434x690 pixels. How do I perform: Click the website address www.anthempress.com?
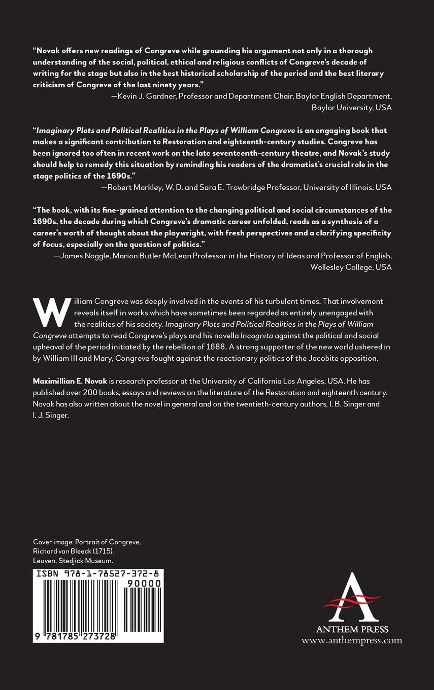(x=351, y=640)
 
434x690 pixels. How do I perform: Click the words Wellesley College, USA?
(x=351, y=267)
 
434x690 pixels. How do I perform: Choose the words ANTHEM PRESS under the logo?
(x=352, y=629)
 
